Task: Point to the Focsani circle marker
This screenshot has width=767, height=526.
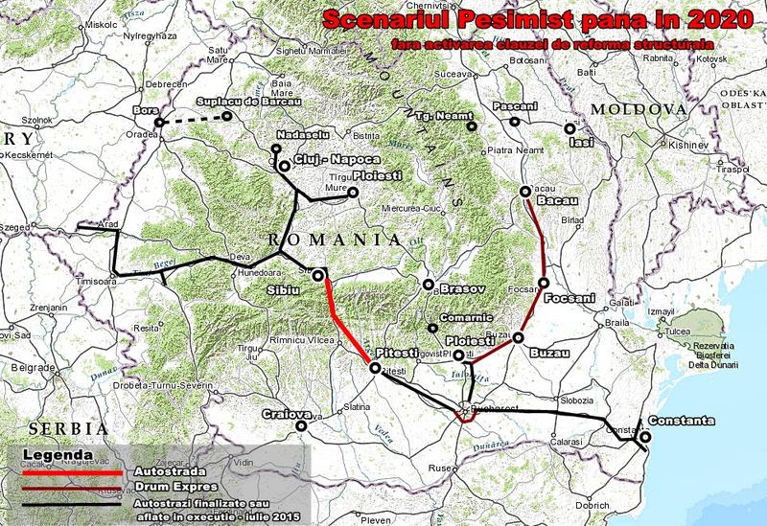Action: [x=543, y=283]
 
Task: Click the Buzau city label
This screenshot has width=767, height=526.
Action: [x=547, y=354]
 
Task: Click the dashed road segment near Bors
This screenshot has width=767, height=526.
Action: [x=192, y=119]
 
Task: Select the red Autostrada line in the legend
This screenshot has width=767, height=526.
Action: [x=68, y=470]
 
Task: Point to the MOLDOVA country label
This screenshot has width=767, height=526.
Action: [x=634, y=110]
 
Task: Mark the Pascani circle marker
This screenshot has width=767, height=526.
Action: [x=515, y=122]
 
